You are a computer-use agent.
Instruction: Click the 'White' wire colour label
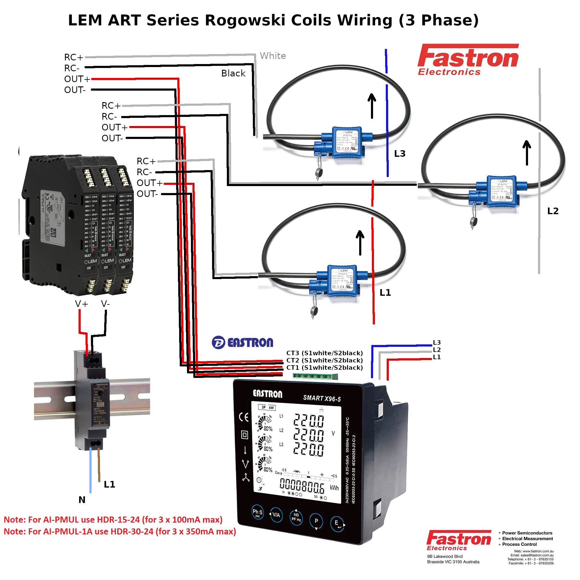point(273,56)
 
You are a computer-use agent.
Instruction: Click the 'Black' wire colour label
point(233,73)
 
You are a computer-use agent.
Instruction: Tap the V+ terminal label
point(82,304)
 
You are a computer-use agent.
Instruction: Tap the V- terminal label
point(105,304)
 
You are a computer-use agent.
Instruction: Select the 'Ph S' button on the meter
point(257,512)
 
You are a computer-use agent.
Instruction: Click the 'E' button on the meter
point(337,524)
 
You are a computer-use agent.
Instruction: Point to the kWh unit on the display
point(334,488)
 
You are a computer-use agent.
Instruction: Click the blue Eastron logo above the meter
point(243,343)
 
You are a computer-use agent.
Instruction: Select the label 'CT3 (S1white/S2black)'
point(324,353)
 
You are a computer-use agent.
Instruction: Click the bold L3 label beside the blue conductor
point(400,154)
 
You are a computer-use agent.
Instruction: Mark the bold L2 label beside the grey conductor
point(553,211)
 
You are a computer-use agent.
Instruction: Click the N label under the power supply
point(82,500)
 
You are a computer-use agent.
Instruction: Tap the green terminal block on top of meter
point(315,376)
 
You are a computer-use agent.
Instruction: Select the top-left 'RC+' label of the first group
point(73,57)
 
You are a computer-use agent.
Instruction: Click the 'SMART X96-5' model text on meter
point(322,398)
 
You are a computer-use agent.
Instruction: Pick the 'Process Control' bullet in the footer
point(519,544)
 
